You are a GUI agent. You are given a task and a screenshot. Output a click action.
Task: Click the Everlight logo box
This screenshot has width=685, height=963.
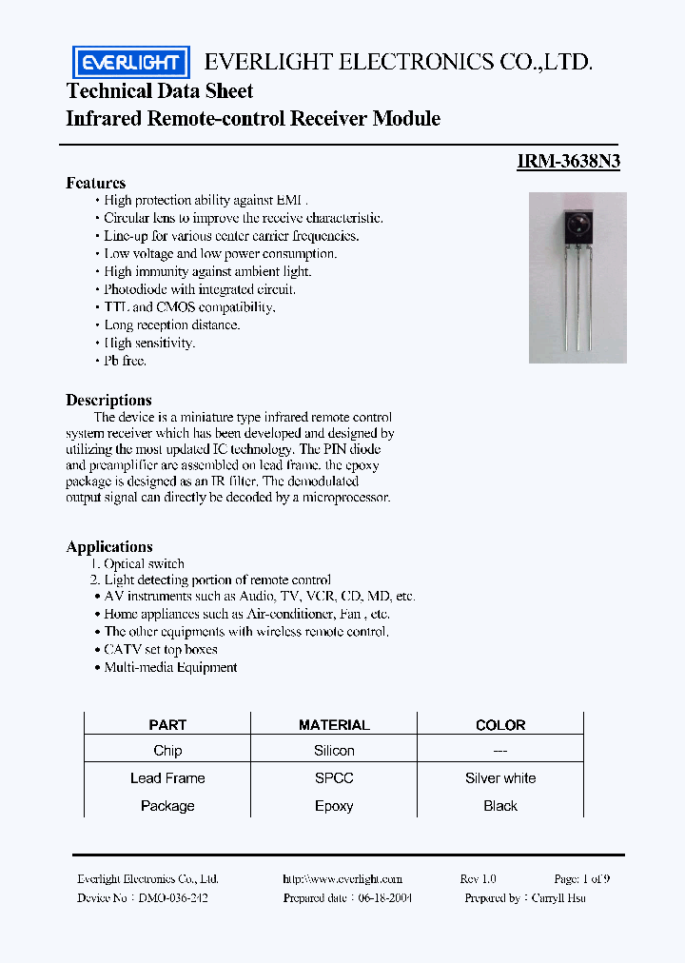click(x=131, y=63)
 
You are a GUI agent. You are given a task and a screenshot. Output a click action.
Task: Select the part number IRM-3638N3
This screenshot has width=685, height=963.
click(x=568, y=161)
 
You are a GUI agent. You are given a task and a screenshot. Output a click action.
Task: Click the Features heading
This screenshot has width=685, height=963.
click(x=95, y=183)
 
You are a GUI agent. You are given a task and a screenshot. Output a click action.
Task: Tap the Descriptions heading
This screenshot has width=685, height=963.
click(x=108, y=400)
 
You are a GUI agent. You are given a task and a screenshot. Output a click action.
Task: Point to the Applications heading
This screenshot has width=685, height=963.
click(x=109, y=546)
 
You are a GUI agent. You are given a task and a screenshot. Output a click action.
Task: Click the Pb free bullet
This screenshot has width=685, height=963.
click(x=125, y=361)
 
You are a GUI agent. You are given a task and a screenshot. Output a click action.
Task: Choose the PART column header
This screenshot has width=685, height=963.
click(x=167, y=725)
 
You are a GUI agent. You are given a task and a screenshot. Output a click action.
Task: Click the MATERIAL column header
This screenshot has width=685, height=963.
click(x=334, y=725)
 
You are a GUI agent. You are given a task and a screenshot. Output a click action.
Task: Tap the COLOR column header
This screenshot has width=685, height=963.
click(x=500, y=725)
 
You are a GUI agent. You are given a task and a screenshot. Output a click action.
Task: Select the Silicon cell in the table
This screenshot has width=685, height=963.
click(x=334, y=751)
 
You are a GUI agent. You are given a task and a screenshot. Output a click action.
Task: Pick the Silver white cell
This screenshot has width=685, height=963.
click(x=500, y=778)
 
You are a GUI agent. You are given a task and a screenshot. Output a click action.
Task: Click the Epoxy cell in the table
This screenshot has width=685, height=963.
click(x=334, y=806)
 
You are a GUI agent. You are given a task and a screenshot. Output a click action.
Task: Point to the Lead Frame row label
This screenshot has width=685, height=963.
click(x=167, y=778)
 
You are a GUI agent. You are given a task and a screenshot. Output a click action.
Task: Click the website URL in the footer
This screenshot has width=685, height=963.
click(x=342, y=879)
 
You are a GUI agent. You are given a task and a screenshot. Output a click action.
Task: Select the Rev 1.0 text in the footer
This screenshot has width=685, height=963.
click(x=478, y=879)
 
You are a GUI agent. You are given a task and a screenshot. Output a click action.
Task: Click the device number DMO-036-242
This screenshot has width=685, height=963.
click(x=172, y=897)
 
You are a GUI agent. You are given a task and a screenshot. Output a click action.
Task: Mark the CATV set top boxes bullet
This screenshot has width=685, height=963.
click(x=161, y=649)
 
